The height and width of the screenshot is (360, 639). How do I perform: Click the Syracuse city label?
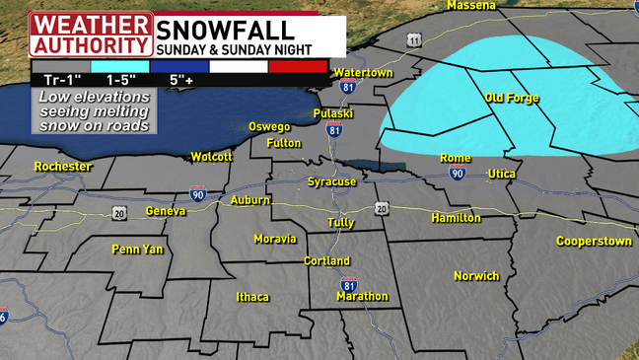330,182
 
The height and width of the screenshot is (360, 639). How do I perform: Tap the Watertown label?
363,73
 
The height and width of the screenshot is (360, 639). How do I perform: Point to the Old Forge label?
510,98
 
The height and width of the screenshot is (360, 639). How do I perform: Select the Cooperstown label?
593,241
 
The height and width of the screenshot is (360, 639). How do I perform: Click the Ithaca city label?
252,297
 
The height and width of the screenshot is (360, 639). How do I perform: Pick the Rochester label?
62,167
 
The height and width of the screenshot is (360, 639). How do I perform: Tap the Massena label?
470,5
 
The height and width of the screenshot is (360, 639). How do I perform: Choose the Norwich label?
476,276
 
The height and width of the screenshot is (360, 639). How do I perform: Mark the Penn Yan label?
137,250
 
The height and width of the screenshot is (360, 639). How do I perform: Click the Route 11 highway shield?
414,40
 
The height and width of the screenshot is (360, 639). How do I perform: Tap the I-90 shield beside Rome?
458,174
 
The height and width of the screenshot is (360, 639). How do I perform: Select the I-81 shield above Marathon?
349,285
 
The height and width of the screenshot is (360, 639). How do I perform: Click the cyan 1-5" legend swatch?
119,66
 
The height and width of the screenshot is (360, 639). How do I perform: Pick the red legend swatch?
298,66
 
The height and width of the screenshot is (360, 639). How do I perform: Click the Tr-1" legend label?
60,79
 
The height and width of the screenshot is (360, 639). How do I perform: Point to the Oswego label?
268,127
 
